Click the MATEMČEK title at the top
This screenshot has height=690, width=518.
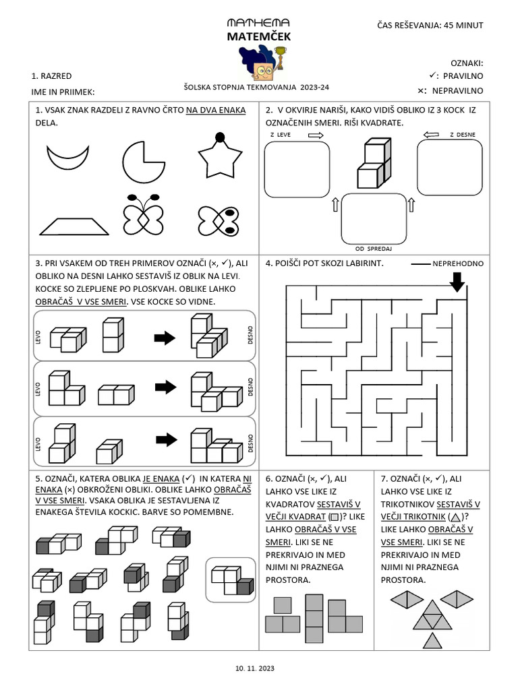pos(259,36)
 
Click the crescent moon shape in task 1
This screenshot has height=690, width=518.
pos(68,159)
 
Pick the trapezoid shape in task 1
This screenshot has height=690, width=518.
pos(74,226)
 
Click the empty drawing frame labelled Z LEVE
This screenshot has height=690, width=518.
pos(297,169)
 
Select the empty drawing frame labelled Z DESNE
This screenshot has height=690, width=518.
pos(449,168)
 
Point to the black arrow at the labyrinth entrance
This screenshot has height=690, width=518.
pos(457,281)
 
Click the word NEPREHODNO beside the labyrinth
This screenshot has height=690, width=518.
pos(458,263)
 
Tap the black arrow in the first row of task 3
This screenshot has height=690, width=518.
pos(164,338)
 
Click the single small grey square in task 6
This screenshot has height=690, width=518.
pos(283,604)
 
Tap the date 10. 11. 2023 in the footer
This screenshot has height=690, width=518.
pos(255,668)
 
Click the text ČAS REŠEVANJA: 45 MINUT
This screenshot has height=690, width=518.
pos(430,26)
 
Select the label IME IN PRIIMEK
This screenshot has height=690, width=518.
pos(63,91)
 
